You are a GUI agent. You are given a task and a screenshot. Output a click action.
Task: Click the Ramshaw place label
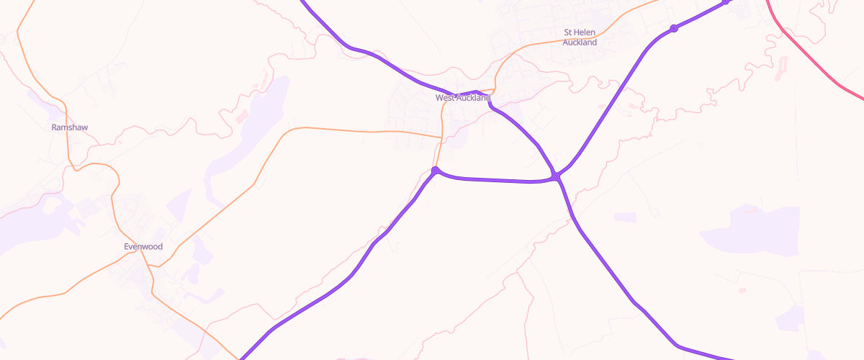[x=69, y=127]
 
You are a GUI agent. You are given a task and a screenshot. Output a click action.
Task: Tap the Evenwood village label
[x=143, y=247]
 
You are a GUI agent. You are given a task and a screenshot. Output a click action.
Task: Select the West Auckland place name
[x=462, y=97]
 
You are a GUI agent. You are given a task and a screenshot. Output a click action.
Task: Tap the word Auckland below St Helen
[x=580, y=42]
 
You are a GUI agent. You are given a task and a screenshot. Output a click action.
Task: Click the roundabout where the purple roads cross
[x=557, y=176]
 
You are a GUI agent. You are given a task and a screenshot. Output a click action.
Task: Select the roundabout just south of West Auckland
[x=436, y=171]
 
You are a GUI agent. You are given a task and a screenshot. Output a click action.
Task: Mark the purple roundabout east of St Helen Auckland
[x=674, y=29]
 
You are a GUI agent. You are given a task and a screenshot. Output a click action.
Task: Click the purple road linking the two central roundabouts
[x=497, y=180]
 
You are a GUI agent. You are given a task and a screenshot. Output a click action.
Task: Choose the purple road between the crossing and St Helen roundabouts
[x=612, y=101]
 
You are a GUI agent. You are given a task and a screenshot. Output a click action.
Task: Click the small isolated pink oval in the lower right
[x=742, y=290]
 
